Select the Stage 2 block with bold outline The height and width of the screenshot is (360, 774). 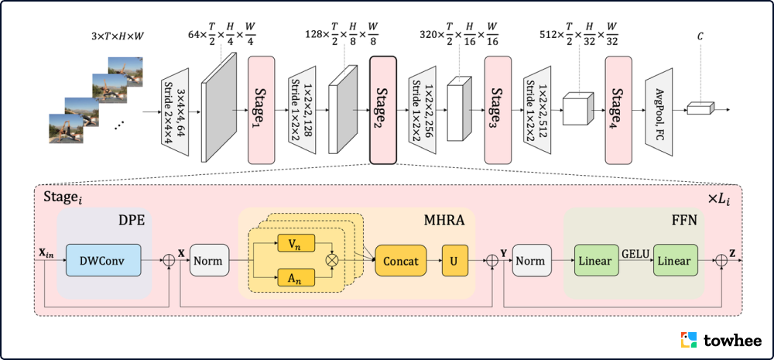click(383, 110)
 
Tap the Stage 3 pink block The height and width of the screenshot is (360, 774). click(498, 110)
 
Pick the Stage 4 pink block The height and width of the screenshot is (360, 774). click(618, 110)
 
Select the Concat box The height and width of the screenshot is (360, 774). click(400, 261)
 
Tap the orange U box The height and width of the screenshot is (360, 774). click(454, 261)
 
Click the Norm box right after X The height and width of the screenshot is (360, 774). click(207, 261)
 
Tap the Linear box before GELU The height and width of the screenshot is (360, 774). click(595, 261)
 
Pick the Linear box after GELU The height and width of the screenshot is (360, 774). click(675, 261)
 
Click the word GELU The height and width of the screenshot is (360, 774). click(635, 252)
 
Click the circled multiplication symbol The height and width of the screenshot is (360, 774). click(334, 261)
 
